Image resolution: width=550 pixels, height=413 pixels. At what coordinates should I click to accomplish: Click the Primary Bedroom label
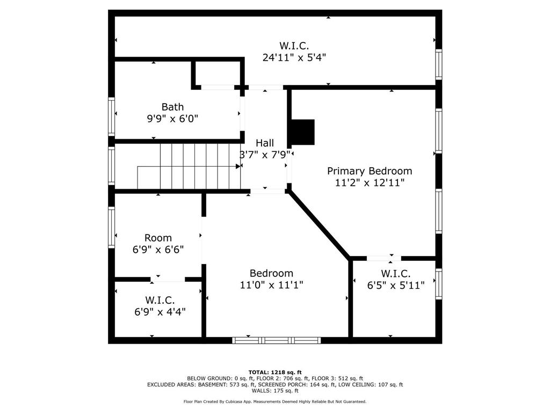[x=370, y=171]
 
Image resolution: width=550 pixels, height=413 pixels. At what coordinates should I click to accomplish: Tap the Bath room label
[x=172, y=107]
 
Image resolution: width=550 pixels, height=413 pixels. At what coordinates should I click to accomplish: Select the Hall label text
[x=264, y=143]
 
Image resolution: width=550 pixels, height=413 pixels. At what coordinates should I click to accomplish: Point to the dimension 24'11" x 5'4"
[x=294, y=57]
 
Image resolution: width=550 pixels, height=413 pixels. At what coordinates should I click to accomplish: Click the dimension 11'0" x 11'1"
[x=271, y=285]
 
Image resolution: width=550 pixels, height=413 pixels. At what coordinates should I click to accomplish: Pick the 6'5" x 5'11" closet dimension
[x=396, y=285]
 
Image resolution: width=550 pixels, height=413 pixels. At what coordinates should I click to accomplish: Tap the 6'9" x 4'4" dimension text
[x=160, y=311]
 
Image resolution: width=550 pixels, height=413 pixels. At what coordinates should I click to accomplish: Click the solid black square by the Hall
[x=302, y=132]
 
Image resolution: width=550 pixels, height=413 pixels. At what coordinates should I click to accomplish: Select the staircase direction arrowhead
[x=237, y=167]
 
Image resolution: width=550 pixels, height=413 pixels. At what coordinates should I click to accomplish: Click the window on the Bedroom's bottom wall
[x=276, y=340]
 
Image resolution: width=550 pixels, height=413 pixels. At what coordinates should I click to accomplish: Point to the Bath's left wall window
[x=112, y=116]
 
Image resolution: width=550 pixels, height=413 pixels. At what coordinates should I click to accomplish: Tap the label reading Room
[x=158, y=238]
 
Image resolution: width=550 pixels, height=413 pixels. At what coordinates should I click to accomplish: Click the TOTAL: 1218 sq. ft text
[x=275, y=372]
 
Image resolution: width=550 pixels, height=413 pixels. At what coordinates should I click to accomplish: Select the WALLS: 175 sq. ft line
[x=275, y=391]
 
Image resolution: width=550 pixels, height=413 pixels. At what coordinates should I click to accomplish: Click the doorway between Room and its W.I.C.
[x=168, y=279]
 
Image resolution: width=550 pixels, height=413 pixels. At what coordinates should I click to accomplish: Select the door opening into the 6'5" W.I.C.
[x=383, y=259]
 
